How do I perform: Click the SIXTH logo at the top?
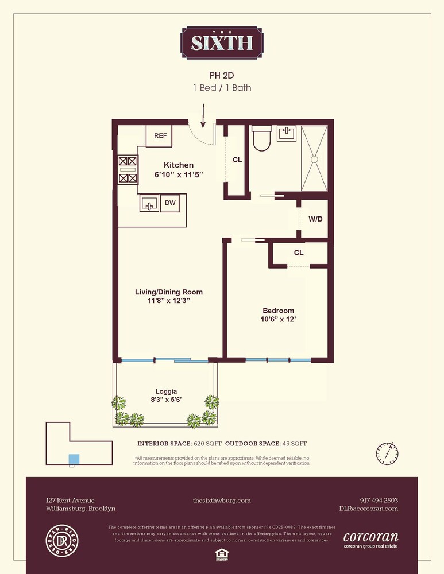click(222, 42)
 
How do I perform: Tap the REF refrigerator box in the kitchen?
click(160, 136)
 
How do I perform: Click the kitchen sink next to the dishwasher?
click(149, 203)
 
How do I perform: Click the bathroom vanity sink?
click(287, 134)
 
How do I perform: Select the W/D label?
click(315, 219)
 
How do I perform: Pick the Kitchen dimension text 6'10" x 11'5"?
click(179, 174)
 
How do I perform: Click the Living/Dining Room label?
click(169, 292)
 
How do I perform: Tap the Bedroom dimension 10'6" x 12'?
click(279, 320)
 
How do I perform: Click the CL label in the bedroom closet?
click(299, 253)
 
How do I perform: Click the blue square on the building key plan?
click(74, 459)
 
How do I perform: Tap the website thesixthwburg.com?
click(222, 501)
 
